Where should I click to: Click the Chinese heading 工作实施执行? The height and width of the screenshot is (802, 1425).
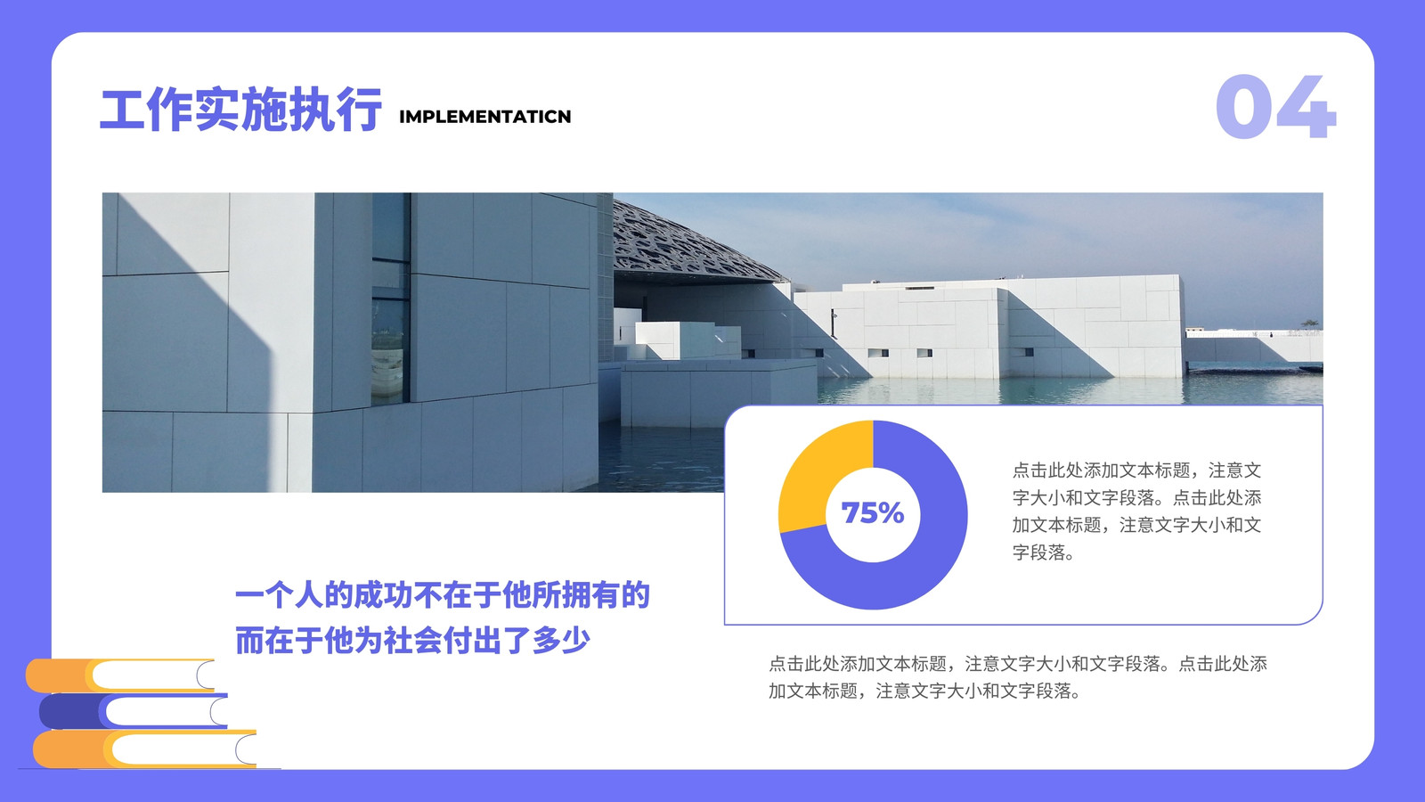pos(241,110)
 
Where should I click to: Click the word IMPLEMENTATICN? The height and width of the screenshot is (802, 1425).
pos(484,117)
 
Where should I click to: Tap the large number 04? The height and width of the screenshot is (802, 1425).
pos(1275,106)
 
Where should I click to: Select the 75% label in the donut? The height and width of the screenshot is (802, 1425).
pos(872,513)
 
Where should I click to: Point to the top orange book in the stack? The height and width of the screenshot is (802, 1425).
pos(121,675)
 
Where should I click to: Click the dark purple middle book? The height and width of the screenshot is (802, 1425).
pos(134,711)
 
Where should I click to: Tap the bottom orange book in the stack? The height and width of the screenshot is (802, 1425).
pos(145,749)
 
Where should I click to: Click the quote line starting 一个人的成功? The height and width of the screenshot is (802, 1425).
pos(443,595)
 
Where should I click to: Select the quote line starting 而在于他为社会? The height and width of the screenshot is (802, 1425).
pos(412,641)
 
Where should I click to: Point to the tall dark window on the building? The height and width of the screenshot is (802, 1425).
pos(390,299)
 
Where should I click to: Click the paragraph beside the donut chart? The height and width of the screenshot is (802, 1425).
pos(1136,511)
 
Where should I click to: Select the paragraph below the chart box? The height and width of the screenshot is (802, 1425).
pos(1017,677)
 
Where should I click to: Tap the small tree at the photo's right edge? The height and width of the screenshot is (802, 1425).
pos(1309,324)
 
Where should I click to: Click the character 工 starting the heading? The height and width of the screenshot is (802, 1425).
pos(123,110)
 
